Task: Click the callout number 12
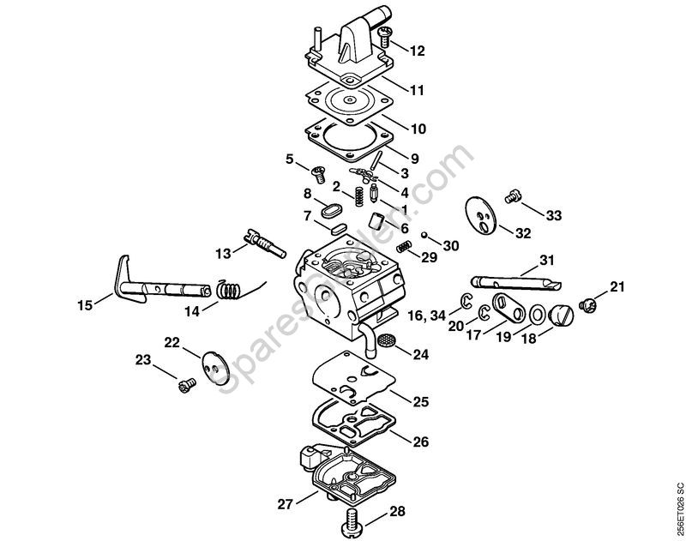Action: coord(418,51)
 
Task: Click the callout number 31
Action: coord(547,260)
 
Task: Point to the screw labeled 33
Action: coord(514,195)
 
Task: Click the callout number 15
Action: coord(84,304)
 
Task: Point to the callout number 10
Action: coord(418,129)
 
